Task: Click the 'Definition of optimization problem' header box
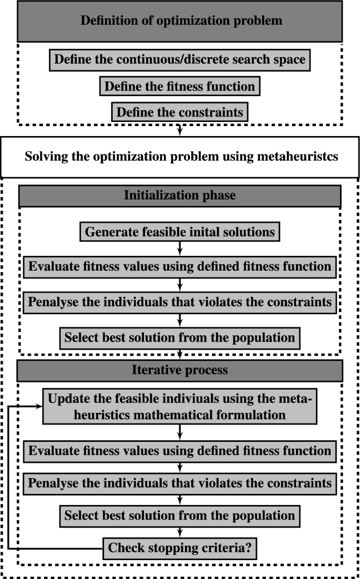[180, 22]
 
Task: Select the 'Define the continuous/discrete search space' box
[180, 59]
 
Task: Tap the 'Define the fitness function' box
[180, 86]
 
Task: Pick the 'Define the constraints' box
[180, 112]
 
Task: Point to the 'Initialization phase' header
[180, 196]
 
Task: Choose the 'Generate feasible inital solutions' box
[180, 231]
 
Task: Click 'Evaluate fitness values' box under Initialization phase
[180, 266]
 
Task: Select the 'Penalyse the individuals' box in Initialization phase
[180, 302]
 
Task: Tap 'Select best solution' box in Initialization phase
[180, 337]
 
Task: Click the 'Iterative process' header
[180, 370]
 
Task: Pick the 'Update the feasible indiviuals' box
[180, 407]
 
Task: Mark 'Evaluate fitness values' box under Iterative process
[180, 451]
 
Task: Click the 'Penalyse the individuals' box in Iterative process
[180, 483]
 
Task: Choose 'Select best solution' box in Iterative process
[180, 515]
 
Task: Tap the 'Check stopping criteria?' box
[180, 549]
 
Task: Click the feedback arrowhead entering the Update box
[38, 407]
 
